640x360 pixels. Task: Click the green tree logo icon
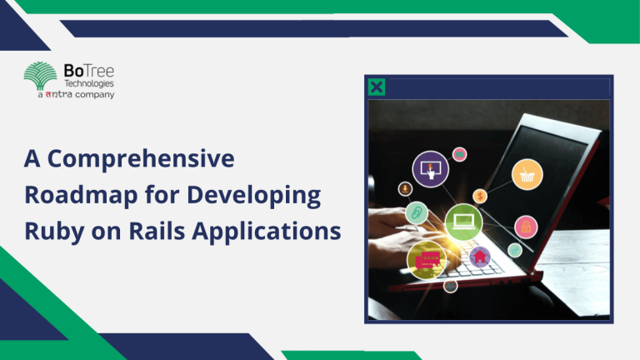(x=42, y=78)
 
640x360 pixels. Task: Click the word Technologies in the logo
(x=89, y=84)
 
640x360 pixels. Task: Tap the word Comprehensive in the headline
(x=155, y=160)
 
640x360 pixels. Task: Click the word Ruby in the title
(x=52, y=230)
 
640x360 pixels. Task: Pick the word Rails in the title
(x=177, y=230)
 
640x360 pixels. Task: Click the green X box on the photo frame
(x=377, y=87)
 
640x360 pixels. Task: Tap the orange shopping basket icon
(x=527, y=173)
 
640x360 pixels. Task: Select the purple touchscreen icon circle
(x=430, y=169)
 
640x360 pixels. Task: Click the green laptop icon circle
(x=463, y=222)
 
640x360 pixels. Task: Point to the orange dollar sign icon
(x=480, y=196)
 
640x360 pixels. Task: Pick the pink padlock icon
(x=526, y=226)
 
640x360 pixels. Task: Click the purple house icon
(x=479, y=257)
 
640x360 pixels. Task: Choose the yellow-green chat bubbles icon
(x=427, y=259)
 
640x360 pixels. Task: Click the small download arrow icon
(x=405, y=189)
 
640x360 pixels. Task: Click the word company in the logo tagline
(x=94, y=95)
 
